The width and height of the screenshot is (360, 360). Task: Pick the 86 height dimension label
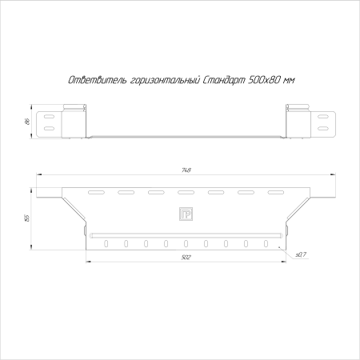[26, 122]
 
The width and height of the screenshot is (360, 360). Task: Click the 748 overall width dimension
[186, 170]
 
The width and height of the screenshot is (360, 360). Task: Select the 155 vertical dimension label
[26, 218]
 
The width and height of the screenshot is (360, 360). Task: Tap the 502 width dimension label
[185, 257]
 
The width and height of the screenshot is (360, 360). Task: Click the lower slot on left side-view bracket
[49, 128]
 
